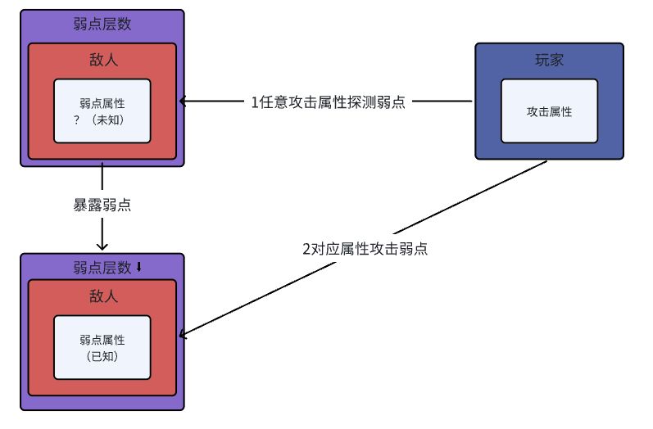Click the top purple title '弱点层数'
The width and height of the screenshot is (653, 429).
[x=102, y=25]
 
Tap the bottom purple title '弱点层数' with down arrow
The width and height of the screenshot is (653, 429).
[x=102, y=268]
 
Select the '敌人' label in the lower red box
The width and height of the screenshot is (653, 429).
[x=102, y=296]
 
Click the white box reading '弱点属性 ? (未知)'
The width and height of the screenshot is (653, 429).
[x=102, y=111]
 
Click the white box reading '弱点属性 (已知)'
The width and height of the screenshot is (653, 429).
[x=102, y=347]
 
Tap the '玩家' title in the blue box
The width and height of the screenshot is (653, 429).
[x=549, y=61]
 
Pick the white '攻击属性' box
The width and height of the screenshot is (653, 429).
[x=549, y=111]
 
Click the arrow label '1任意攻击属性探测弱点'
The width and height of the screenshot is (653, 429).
[x=328, y=102]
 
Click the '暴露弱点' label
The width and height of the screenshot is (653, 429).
[x=102, y=205]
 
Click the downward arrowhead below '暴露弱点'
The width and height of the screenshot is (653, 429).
[x=102, y=246]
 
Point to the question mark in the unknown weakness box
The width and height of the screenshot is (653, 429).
[x=76, y=120]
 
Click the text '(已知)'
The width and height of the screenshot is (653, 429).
[x=102, y=356]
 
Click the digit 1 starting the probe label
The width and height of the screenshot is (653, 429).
[x=254, y=102]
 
